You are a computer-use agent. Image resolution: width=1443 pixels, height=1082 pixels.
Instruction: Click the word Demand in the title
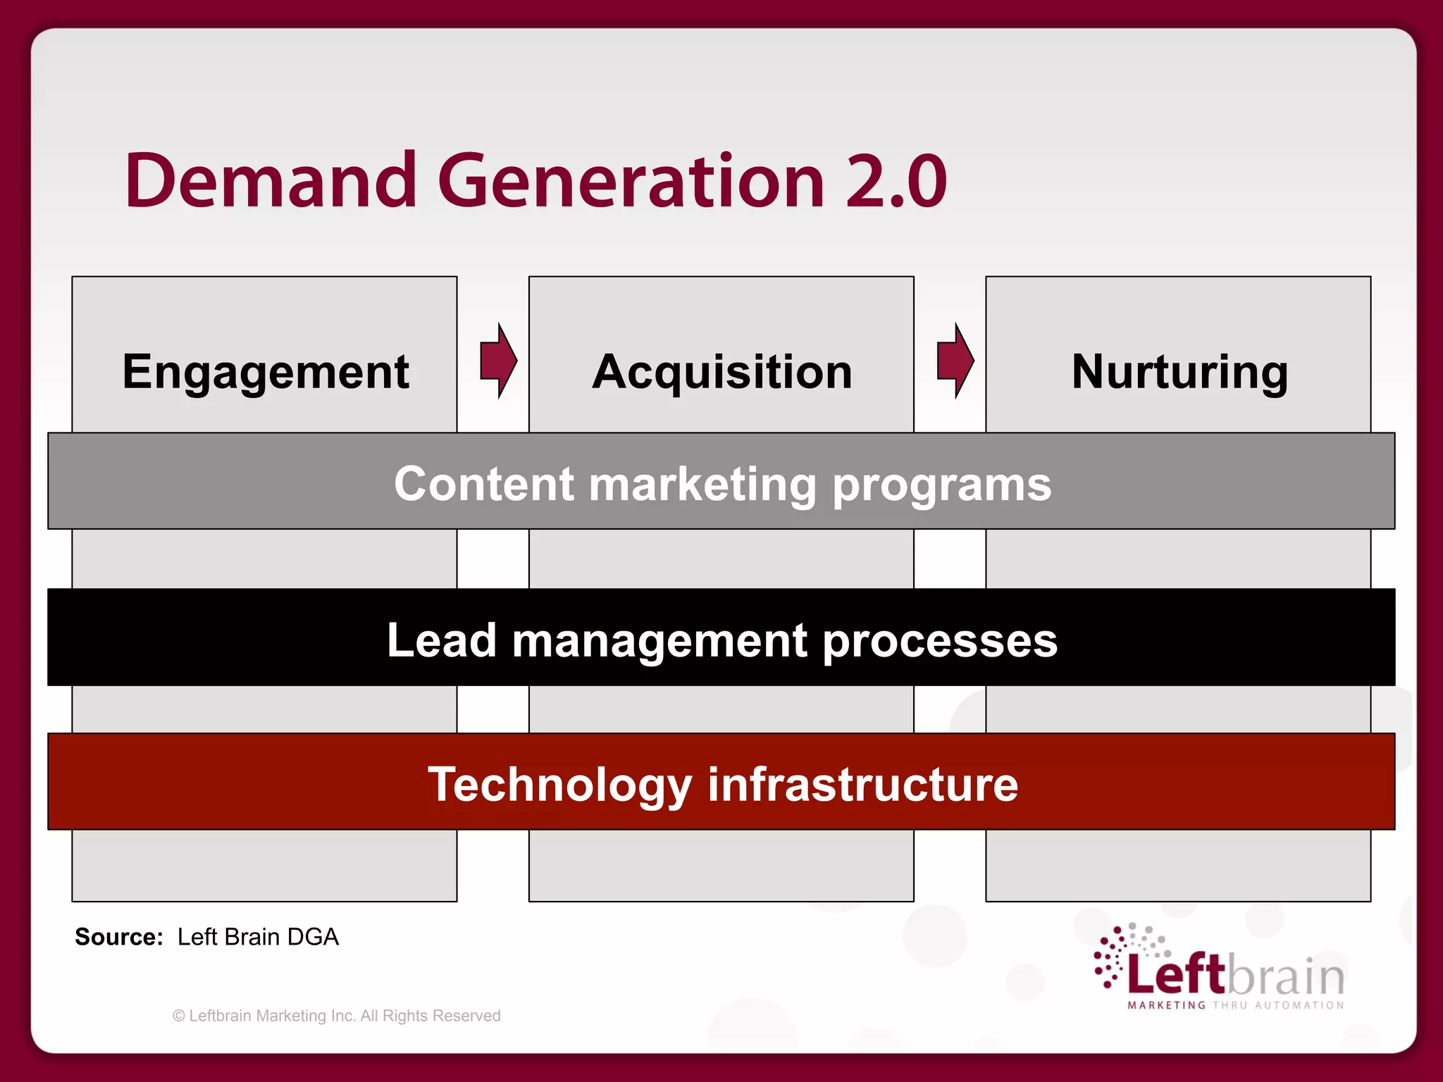click(271, 181)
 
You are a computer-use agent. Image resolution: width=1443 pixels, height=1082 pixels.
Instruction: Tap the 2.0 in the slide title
click(896, 182)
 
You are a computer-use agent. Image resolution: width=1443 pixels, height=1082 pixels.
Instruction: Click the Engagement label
click(266, 372)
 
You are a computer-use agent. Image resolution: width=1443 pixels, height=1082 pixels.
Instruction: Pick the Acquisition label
click(722, 372)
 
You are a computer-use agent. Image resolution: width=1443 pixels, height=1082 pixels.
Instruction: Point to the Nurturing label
click(1179, 372)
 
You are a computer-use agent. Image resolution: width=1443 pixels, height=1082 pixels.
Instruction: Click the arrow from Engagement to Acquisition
click(498, 361)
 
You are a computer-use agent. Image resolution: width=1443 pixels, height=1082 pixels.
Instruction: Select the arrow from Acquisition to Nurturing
click(955, 361)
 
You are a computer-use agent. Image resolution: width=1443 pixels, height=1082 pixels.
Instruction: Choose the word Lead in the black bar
click(442, 640)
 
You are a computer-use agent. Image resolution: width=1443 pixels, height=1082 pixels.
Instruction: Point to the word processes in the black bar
click(939, 642)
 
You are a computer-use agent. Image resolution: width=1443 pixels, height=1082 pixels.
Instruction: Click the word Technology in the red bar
click(560, 785)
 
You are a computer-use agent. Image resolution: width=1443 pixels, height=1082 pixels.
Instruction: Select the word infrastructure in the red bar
click(862, 785)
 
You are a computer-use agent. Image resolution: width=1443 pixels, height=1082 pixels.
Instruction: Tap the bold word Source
click(118, 937)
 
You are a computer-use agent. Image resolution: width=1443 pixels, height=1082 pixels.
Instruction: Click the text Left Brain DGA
click(258, 937)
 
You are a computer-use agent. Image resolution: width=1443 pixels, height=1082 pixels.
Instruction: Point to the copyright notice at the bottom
click(337, 1016)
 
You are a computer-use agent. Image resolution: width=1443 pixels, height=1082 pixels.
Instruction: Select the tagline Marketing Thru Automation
click(1236, 1005)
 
